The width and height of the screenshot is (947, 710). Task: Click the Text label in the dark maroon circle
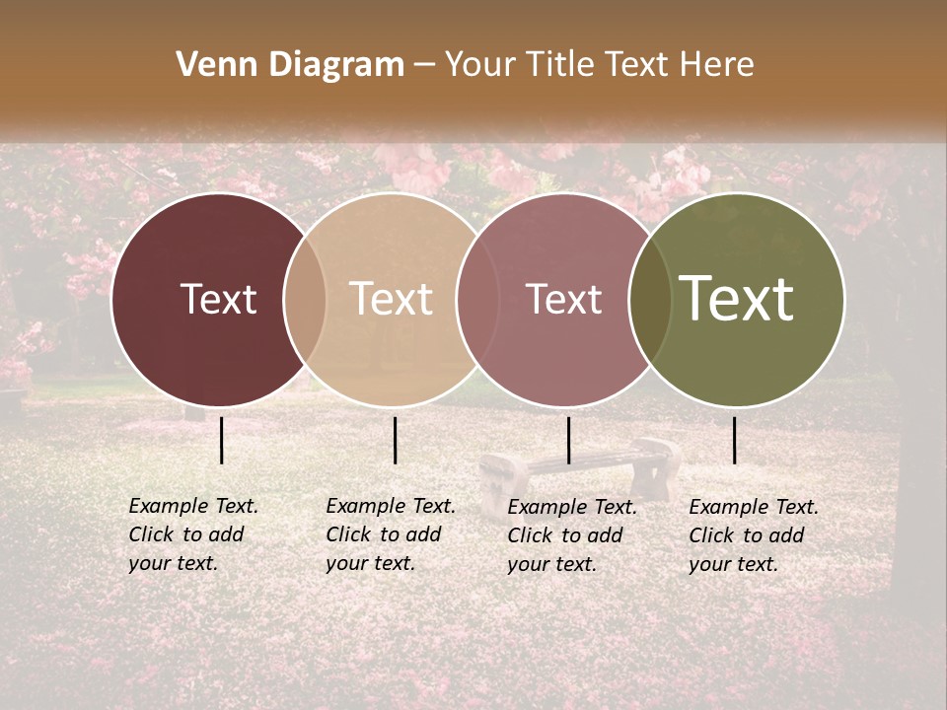[218, 299]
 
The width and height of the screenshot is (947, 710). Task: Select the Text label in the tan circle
[391, 299]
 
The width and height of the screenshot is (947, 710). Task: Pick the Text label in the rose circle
[563, 299]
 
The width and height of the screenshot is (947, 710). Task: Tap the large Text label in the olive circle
[736, 298]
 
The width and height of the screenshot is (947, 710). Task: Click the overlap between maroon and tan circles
[305, 299]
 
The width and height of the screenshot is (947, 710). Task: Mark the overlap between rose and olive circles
[650, 299]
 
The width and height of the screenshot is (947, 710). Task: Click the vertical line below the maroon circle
[221, 440]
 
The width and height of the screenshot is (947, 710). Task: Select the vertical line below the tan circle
[395, 440]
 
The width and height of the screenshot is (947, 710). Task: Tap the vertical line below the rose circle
[568, 440]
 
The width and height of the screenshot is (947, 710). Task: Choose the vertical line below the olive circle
[734, 440]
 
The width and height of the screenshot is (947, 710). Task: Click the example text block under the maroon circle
[193, 534]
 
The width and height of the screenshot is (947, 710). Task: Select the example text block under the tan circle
[391, 534]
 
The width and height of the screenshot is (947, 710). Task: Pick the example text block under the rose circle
[572, 535]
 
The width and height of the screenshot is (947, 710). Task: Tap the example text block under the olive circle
[754, 535]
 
